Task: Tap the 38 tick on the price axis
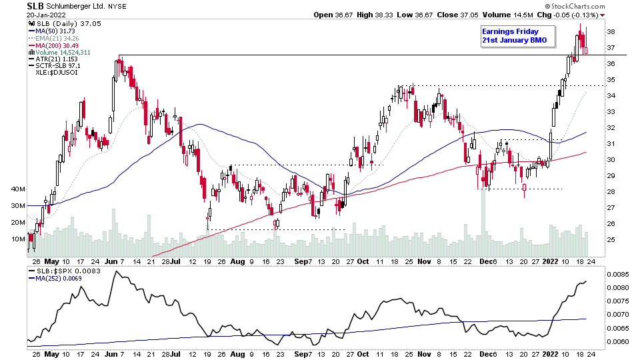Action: [x=610, y=32]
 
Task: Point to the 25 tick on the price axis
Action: [x=610, y=240]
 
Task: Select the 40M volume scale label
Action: [x=18, y=189]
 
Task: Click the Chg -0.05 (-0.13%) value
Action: [x=572, y=15]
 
